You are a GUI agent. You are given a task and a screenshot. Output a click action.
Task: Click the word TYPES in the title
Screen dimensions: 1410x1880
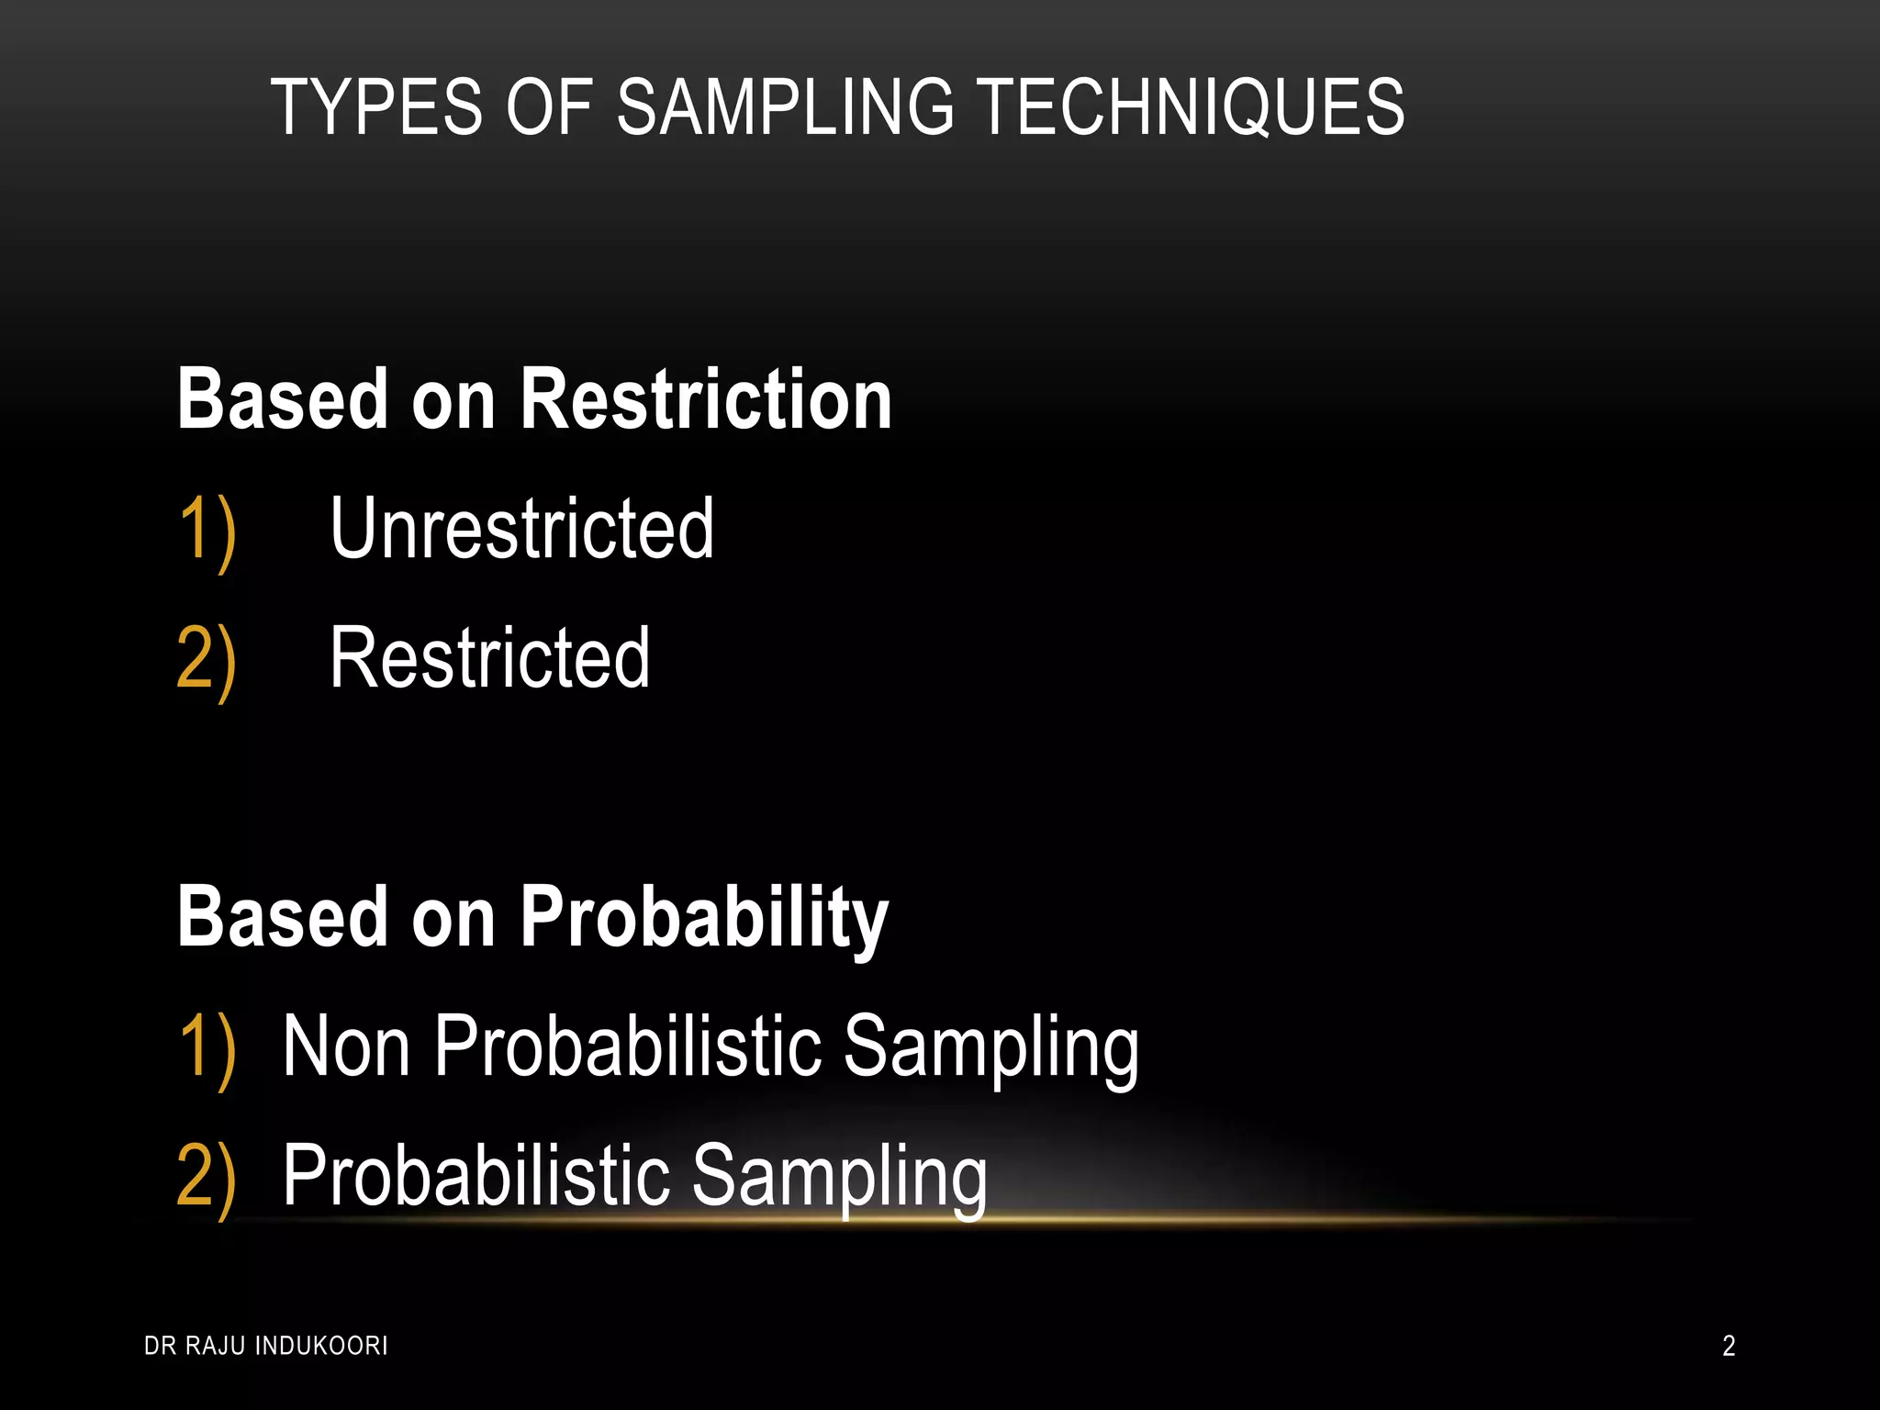[376, 107]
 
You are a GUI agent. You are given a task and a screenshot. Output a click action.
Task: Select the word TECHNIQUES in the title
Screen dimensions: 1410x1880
[1189, 107]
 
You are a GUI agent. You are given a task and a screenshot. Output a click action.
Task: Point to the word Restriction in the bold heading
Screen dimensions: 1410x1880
[706, 399]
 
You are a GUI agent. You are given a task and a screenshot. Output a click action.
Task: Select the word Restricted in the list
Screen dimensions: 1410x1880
[489, 658]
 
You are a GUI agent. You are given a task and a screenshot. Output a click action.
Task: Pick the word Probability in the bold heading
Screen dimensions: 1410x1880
[704, 918]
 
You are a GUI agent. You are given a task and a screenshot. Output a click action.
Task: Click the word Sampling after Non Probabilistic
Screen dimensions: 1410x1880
[990, 1048]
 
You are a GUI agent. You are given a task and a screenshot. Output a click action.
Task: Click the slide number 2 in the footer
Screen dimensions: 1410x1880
[1729, 1346]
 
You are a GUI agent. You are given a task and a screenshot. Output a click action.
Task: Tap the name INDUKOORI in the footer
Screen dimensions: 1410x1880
[321, 1346]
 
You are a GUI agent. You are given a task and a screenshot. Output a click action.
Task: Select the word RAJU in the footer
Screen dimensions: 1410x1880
[217, 1346]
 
